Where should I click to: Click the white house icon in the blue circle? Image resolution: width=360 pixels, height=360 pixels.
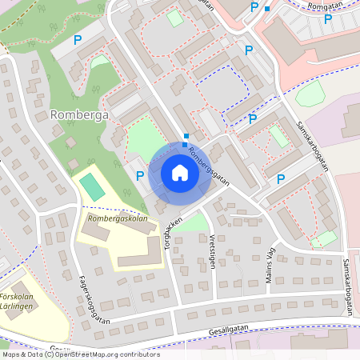pos(180,173)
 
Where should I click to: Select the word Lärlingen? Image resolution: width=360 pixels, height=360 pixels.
pos(17,305)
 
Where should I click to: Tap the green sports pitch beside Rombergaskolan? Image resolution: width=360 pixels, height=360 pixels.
pos(93,188)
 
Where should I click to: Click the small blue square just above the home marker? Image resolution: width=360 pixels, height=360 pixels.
pos(186,137)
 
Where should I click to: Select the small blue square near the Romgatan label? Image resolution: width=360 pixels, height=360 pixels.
pos(268,8)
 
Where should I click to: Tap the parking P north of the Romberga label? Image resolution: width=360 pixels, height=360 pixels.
pos(78,39)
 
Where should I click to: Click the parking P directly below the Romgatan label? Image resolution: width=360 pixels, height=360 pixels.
pos(327,18)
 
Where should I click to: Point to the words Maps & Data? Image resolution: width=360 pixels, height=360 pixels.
pos(22,354)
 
